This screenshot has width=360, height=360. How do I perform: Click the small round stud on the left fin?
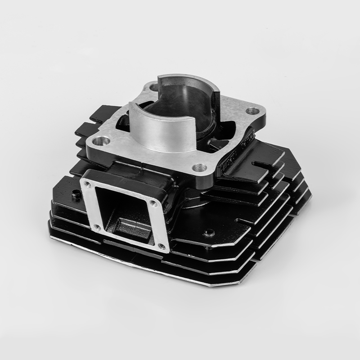click(75, 196)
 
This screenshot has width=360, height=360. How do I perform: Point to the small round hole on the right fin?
click(209, 233)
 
